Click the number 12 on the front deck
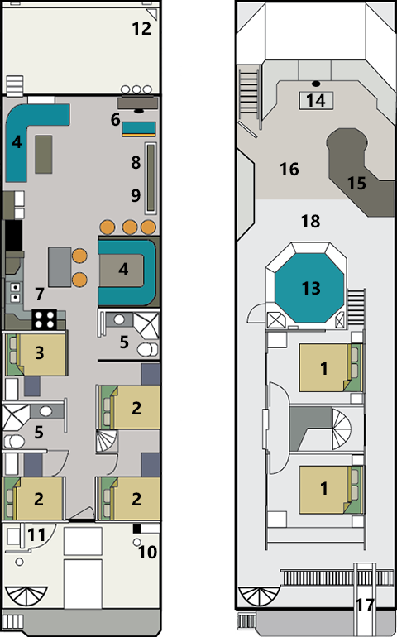point(141,28)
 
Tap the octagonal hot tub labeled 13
point(311,288)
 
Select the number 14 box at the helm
point(316,100)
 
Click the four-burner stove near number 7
point(44,319)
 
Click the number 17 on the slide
point(365,606)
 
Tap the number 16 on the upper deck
point(289,169)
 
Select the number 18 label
point(310,222)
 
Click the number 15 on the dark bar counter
point(356,183)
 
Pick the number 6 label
point(116,120)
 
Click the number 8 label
point(136,162)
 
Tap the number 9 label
point(136,195)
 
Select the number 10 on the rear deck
point(147,553)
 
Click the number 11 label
point(36,535)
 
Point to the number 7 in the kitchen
point(39,295)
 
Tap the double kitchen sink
point(15,292)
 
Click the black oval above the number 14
point(316,84)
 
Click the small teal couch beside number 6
point(139,128)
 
